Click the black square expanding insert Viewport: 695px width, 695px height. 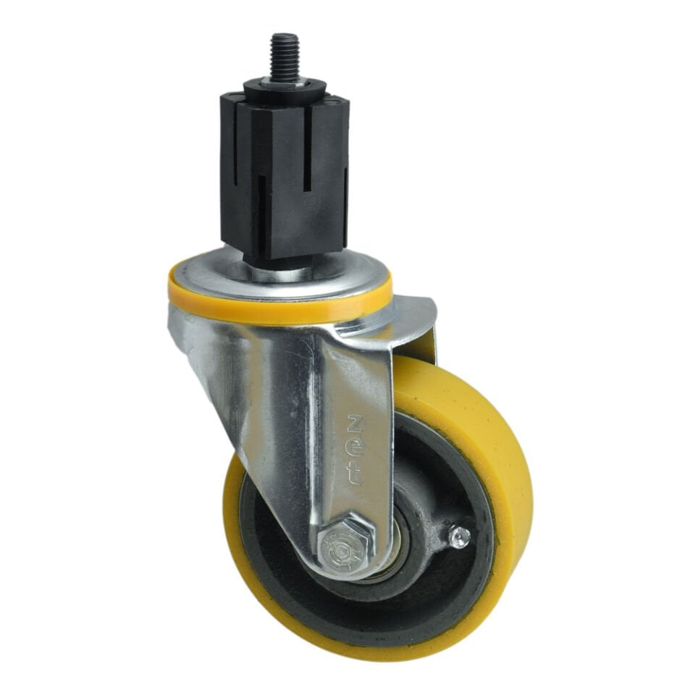284,177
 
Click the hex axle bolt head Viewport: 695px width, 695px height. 345,546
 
